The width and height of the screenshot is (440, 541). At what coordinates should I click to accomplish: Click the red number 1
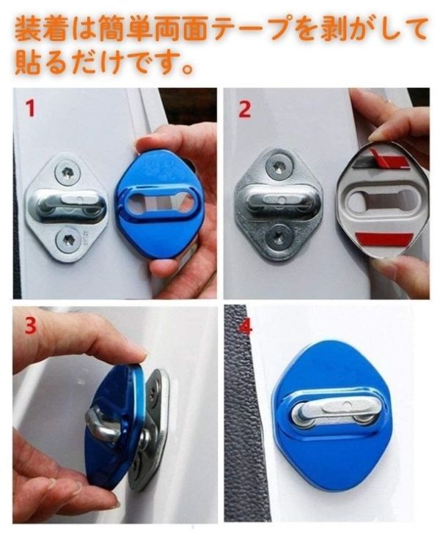click(31, 108)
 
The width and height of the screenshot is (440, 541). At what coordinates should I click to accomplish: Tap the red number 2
click(244, 109)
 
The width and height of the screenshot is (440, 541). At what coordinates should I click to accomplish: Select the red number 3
click(30, 325)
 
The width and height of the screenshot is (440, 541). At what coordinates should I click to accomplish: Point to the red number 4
click(245, 327)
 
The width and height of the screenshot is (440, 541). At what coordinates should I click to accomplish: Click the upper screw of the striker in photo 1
click(67, 171)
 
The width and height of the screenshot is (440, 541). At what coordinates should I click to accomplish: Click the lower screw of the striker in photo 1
click(68, 239)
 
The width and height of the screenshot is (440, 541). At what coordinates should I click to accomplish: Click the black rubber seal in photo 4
click(243, 414)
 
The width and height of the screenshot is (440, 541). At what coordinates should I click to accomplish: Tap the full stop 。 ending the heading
click(187, 68)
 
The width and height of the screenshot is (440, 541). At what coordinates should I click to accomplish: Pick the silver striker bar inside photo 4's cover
click(333, 413)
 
